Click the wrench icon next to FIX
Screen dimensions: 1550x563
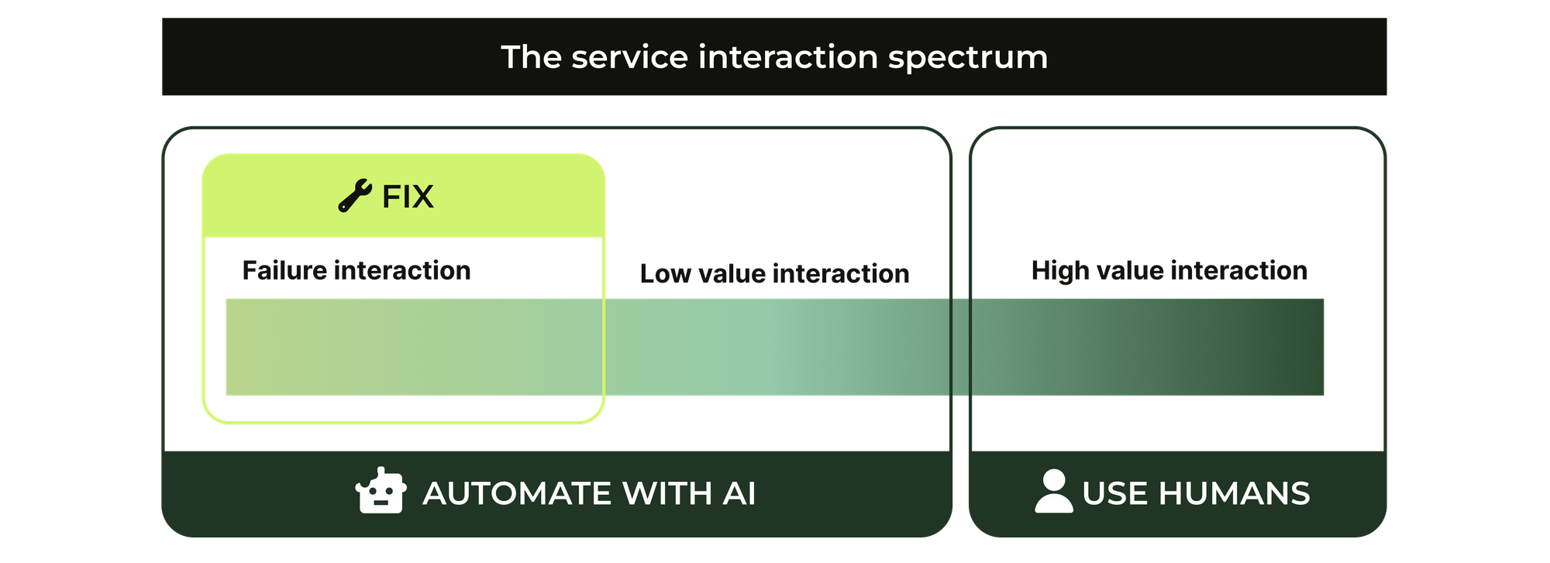[355, 195]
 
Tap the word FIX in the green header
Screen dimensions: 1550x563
[408, 197]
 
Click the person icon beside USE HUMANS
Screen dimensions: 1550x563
[1054, 491]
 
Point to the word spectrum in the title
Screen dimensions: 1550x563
[968, 58]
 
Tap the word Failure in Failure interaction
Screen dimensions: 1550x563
[284, 270]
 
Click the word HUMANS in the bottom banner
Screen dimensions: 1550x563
[1234, 493]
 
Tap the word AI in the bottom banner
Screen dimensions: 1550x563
[739, 493]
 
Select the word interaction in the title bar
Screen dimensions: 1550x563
[788, 57]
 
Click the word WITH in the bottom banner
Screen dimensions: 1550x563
[666, 493]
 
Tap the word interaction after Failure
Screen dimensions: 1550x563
[402, 270]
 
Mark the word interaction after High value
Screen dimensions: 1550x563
[1239, 270]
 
